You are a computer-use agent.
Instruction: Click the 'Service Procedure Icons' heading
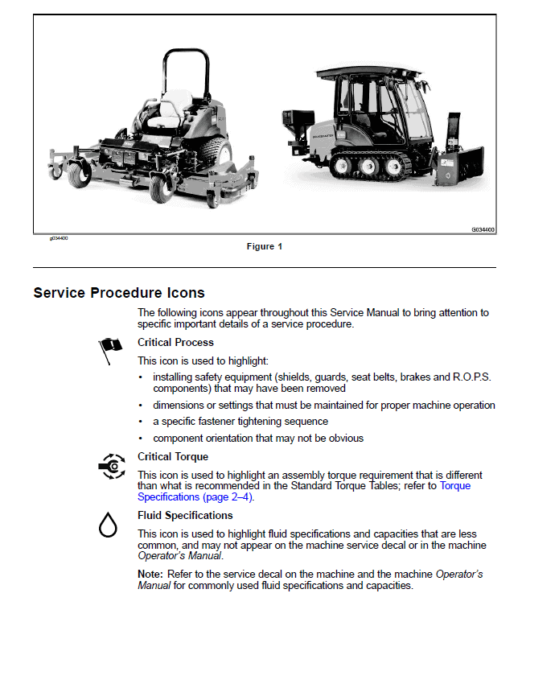pyautogui.click(x=119, y=293)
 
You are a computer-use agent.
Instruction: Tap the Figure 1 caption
pyautogui.click(x=265, y=246)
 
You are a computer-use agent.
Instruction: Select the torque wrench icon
pyautogui.click(x=110, y=466)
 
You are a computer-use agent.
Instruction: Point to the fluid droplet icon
pyautogui.click(x=108, y=525)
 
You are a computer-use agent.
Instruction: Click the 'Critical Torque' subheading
pyautogui.click(x=173, y=457)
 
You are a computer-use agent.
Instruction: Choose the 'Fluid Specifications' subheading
pyautogui.click(x=185, y=516)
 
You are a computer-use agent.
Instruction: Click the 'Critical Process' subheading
pyautogui.click(x=175, y=343)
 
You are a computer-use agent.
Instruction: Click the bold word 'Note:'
pyautogui.click(x=150, y=574)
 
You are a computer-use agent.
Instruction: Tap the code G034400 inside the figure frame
pyautogui.click(x=483, y=229)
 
